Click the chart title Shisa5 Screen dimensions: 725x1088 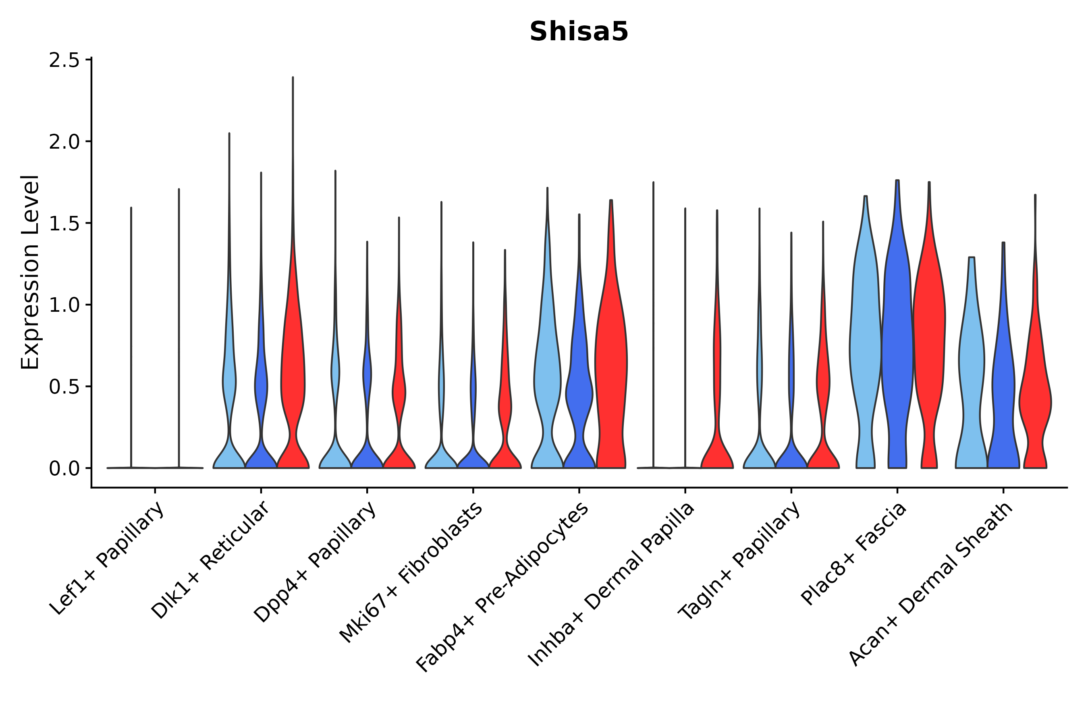pyautogui.click(x=579, y=32)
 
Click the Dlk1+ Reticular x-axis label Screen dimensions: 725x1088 pyautogui.click(x=210, y=560)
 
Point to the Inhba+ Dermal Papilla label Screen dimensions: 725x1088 pyautogui.click(x=611, y=584)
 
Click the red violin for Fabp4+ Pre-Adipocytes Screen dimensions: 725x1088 pyautogui.click(x=610, y=360)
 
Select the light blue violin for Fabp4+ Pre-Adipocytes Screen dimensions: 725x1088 pyautogui.click(x=547, y=370)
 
